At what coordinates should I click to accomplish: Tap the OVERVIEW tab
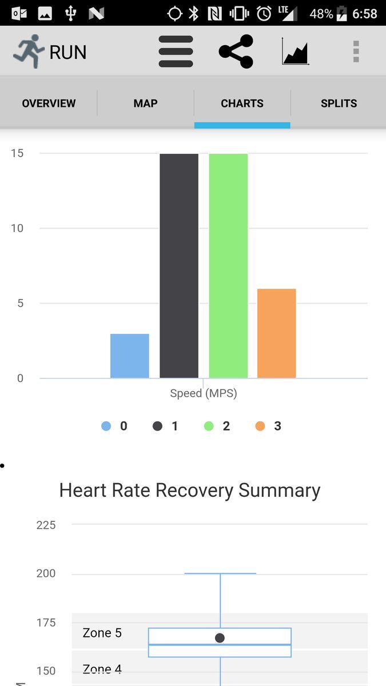coord(49,103)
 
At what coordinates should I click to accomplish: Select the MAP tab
coord(145,103)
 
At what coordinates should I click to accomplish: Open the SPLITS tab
coord(339,103)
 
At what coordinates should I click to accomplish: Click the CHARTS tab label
coord(242,103)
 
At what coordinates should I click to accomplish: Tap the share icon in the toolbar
coord(236,51)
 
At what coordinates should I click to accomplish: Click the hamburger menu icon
coord(176,51)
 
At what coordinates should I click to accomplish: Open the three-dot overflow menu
coord(356,51)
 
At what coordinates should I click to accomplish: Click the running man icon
coord(29,51)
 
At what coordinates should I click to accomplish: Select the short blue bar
coord(130,356)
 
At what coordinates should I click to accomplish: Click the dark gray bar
coord(179,266)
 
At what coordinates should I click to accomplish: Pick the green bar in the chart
coord(228,266)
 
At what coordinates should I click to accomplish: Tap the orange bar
coord(276,333)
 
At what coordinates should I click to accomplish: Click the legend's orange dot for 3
coord(260,426)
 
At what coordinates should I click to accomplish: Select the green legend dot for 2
coord(209,426)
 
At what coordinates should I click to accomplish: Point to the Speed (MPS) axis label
coord(203,393)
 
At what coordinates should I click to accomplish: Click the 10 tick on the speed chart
coord(17,228)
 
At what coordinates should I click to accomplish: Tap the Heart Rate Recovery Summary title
coord(190,490)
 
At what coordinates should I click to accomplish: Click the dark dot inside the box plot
coord(220,637)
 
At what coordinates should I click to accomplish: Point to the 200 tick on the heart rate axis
coord(46,573)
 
